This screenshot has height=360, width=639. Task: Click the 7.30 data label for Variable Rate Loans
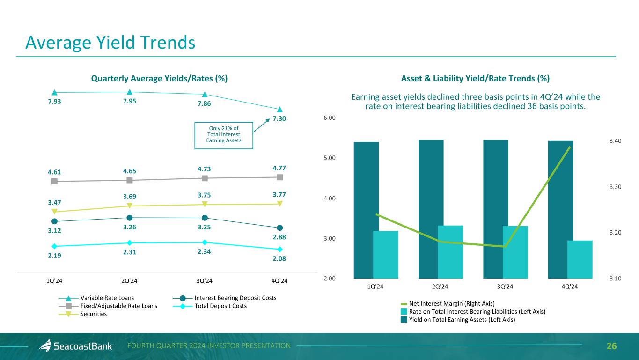(x=279, y=119)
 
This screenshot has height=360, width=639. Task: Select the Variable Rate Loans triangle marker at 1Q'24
(x=54, y=92)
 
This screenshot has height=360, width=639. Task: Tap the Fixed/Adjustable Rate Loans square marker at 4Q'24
(x=279, y=177)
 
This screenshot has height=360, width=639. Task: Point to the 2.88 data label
(x=279, y=237)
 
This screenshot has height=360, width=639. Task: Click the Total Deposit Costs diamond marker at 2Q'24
(x=129, y=242)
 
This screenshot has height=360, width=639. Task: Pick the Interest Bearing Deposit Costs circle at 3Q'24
(x=205, y=218)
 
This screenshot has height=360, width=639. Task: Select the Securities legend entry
(x=93, y=314)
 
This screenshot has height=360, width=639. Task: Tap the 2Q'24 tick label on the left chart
(x=129, y=280)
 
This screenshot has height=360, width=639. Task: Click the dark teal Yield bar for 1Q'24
(x=363, y=210)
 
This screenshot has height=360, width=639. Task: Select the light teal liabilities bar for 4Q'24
(x=580, y=259)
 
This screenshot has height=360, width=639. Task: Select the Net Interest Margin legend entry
(x=452, y=303)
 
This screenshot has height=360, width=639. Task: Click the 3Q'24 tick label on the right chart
(x=505, y=287)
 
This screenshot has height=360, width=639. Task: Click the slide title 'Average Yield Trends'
(x=110, y=43)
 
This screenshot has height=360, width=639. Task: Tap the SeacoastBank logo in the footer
(x=76, y=346)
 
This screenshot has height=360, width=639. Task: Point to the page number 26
(x=611, y=346)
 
